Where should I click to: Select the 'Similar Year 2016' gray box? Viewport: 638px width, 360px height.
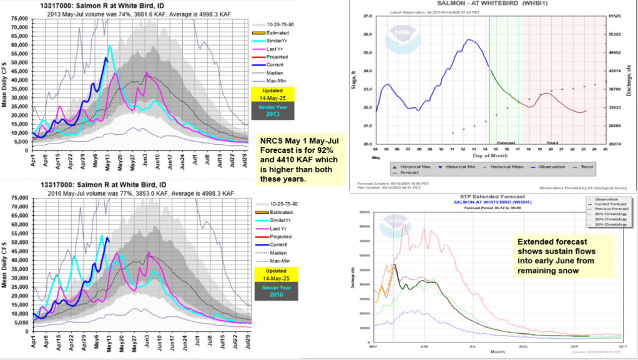[x=273, y=292]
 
